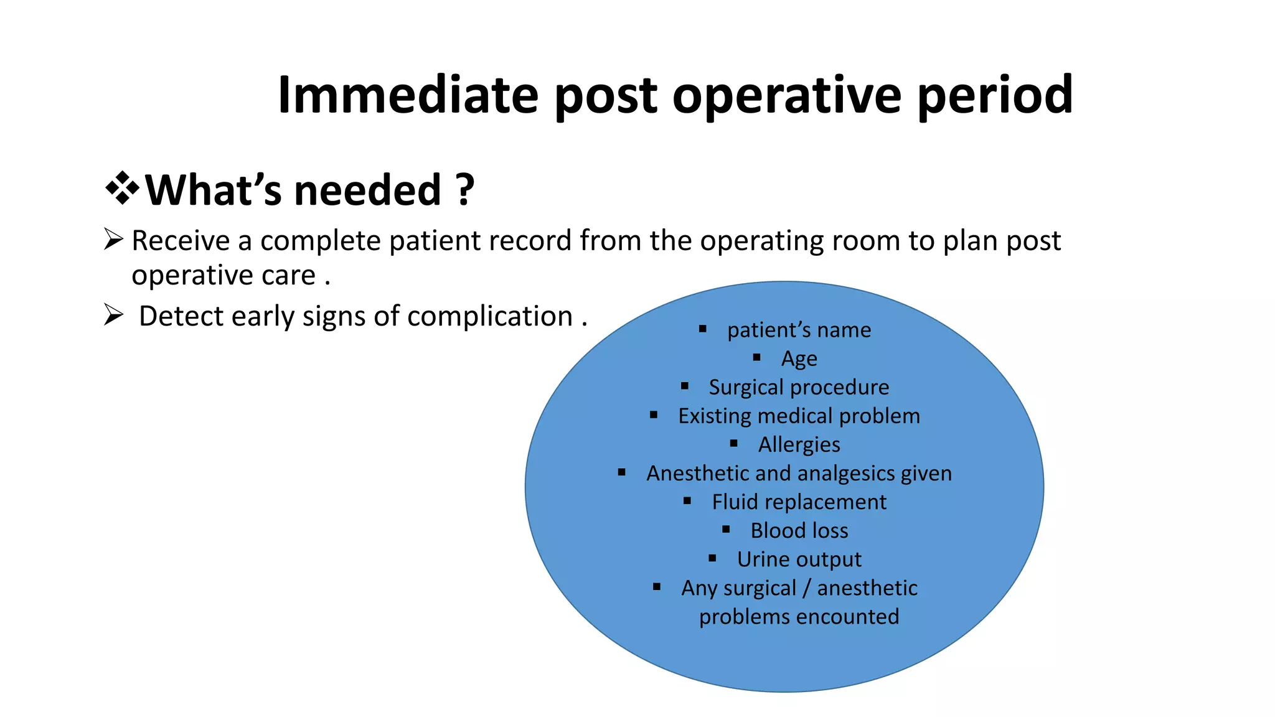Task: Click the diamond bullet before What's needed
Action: [122, 188]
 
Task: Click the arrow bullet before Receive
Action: [113, 239]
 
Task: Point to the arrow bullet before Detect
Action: [113, 315]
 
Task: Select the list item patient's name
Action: [799, 329]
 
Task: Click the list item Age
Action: [799, 358]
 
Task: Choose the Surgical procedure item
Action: [799, 387]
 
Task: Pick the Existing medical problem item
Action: [799, 416]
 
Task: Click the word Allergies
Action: [799, 444]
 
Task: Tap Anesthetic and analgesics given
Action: [799, 473]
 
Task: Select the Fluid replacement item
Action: [799, 502]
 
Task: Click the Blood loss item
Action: [799, 530]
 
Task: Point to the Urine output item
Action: [799, 559]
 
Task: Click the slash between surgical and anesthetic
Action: [806, 588]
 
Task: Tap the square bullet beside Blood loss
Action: [726, 530]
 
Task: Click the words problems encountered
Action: [799, 617]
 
